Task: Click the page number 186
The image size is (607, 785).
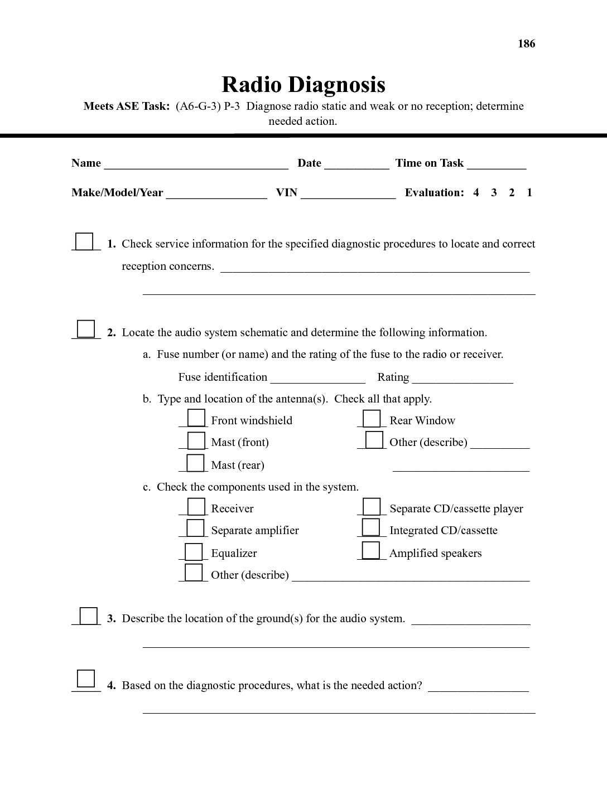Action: point(526,43)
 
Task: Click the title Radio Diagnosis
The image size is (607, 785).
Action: point(303,85)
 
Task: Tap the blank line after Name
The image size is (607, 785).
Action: point(196,164)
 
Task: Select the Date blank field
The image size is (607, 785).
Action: point(357,164)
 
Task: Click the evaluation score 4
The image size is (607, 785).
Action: point(476,192)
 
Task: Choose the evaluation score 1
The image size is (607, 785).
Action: point(529,192)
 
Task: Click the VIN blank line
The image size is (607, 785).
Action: point(348,193)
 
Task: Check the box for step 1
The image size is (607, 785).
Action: point(84,241)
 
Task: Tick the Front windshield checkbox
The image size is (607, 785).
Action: point(196,418)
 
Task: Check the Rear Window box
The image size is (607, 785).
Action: point(372,419)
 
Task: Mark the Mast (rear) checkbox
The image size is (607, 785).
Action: point(195,463)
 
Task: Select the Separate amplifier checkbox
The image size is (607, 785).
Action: point(195,528)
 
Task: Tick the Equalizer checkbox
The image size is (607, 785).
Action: point(194,551)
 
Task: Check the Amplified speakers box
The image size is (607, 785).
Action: point(370,550)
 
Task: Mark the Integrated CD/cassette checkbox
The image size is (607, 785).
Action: point(370,527)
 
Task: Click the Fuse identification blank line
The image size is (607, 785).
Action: point(317,378)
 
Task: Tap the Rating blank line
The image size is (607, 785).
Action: point(463,378)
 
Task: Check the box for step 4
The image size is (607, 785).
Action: point(86,679)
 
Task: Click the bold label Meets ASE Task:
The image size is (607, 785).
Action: point(127,106)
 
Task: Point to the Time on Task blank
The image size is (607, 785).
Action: point(497,164)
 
